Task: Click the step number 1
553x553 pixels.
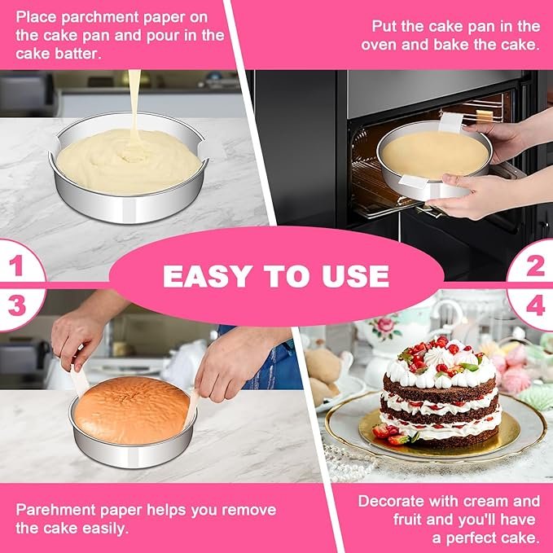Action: (x=17, y=266)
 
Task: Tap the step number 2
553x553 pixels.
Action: (x=535, y=266)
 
